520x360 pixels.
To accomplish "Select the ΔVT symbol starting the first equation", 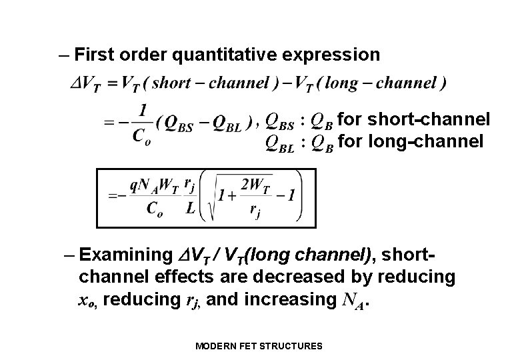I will pos(85,85).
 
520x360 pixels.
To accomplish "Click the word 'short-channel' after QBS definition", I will pos(429,120).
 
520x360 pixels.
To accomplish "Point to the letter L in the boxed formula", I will pos(191,208).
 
